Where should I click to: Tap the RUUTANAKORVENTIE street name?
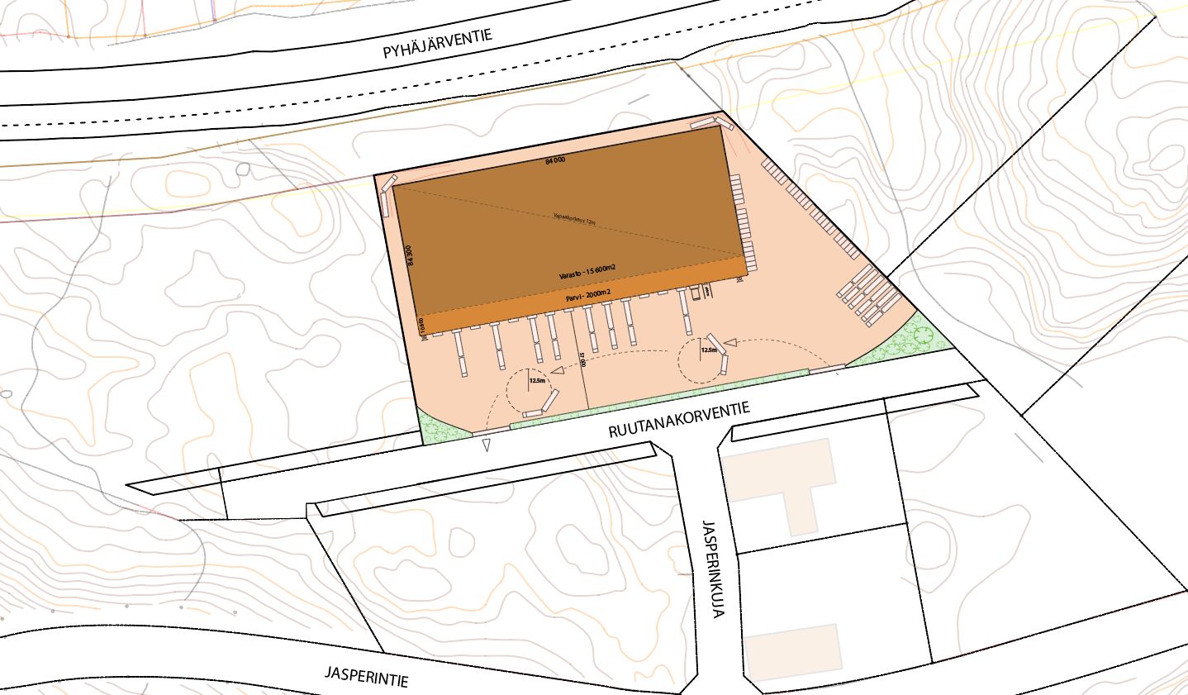(679, 419)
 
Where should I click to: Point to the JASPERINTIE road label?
(366, 674)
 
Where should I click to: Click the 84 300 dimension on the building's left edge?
(408, 254)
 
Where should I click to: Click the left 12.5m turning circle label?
(537, 380)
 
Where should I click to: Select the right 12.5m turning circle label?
(708, 350)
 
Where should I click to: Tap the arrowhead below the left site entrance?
(487, 445)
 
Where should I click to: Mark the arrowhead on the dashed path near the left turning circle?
(556, 372)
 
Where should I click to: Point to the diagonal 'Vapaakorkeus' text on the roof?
(573, 219)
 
